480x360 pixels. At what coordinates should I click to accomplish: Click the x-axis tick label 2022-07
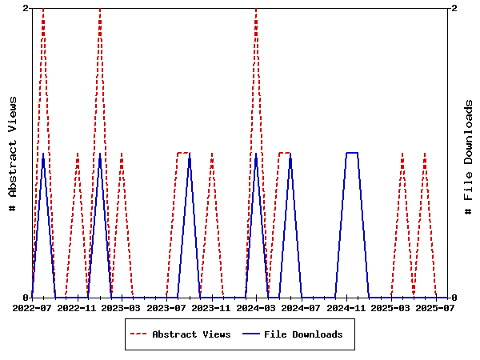[x=32, y=308]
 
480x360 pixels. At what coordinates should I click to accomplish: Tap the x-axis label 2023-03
[x=122, y=308]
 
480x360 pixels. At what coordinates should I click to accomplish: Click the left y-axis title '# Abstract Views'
[x=13, y=153]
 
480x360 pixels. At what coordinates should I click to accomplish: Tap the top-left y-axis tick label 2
[x=26, y=8]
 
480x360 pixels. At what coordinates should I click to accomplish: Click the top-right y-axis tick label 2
[x=454, y=8]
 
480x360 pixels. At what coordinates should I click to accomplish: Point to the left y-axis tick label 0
[x=26, y=298]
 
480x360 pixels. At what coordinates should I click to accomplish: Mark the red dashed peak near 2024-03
[x=256, y=9]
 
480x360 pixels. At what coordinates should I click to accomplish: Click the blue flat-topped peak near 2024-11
[x=351, y=153]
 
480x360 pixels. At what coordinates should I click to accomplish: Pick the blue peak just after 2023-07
[x=189, y=153]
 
